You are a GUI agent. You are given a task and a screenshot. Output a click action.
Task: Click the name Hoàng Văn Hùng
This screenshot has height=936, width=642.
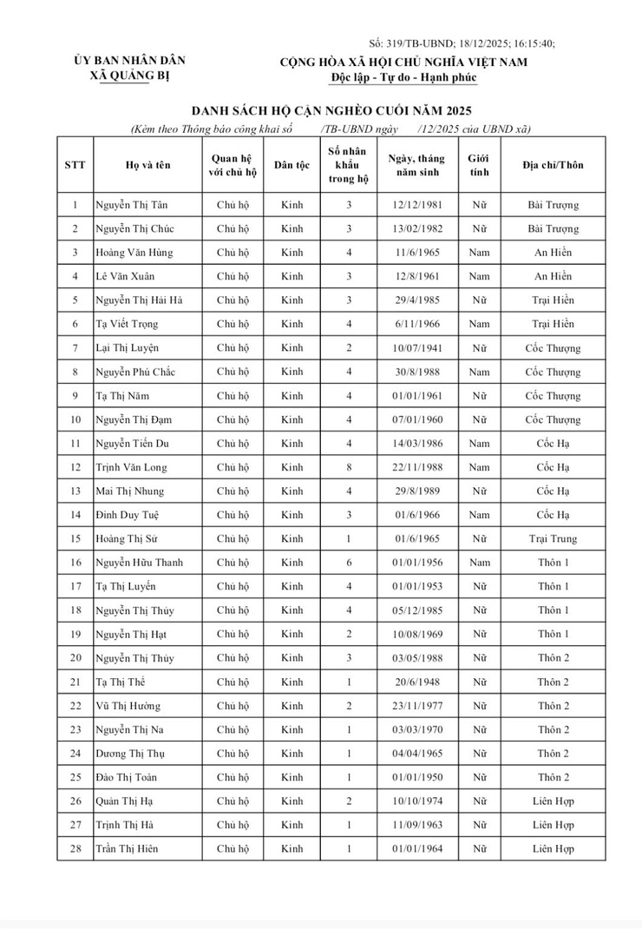point(134,253)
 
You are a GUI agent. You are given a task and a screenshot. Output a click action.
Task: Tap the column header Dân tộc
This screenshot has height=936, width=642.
point(292,165)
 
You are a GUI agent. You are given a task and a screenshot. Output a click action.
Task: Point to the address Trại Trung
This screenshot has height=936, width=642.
point(553,538)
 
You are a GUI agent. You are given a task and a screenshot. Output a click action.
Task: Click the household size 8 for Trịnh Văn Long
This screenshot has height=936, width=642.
point(349,467)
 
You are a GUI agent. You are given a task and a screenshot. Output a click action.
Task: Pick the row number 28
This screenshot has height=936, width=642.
point(75,848)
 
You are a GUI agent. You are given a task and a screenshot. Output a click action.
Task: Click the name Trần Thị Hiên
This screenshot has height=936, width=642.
point(127,848)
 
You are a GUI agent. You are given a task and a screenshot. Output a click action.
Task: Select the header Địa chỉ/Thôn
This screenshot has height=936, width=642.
point(553,165)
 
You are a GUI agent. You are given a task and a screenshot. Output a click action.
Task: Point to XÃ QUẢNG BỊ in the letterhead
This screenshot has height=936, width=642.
point(129,76)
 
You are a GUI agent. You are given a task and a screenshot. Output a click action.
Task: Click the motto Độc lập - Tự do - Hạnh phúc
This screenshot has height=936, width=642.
point(403,77)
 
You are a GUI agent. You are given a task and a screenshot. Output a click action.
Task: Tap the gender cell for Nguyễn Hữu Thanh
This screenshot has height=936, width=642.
point(479,563)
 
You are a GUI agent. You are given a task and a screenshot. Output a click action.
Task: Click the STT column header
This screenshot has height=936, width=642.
point(75,165)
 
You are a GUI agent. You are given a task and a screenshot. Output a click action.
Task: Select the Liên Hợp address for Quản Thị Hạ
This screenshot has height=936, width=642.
point(553,801)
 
